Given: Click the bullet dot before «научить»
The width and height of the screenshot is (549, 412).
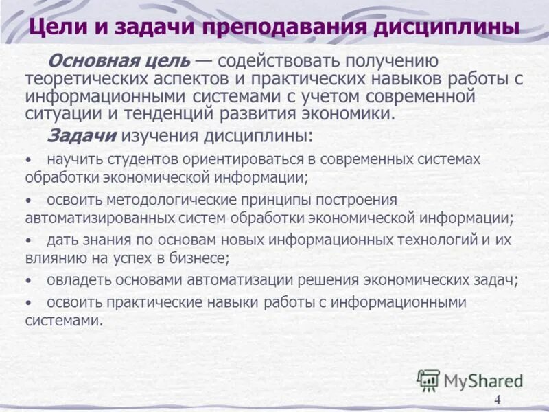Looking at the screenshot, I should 28,159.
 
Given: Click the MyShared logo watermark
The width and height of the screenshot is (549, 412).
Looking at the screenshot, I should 470,380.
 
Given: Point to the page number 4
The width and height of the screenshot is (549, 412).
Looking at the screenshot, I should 498,401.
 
